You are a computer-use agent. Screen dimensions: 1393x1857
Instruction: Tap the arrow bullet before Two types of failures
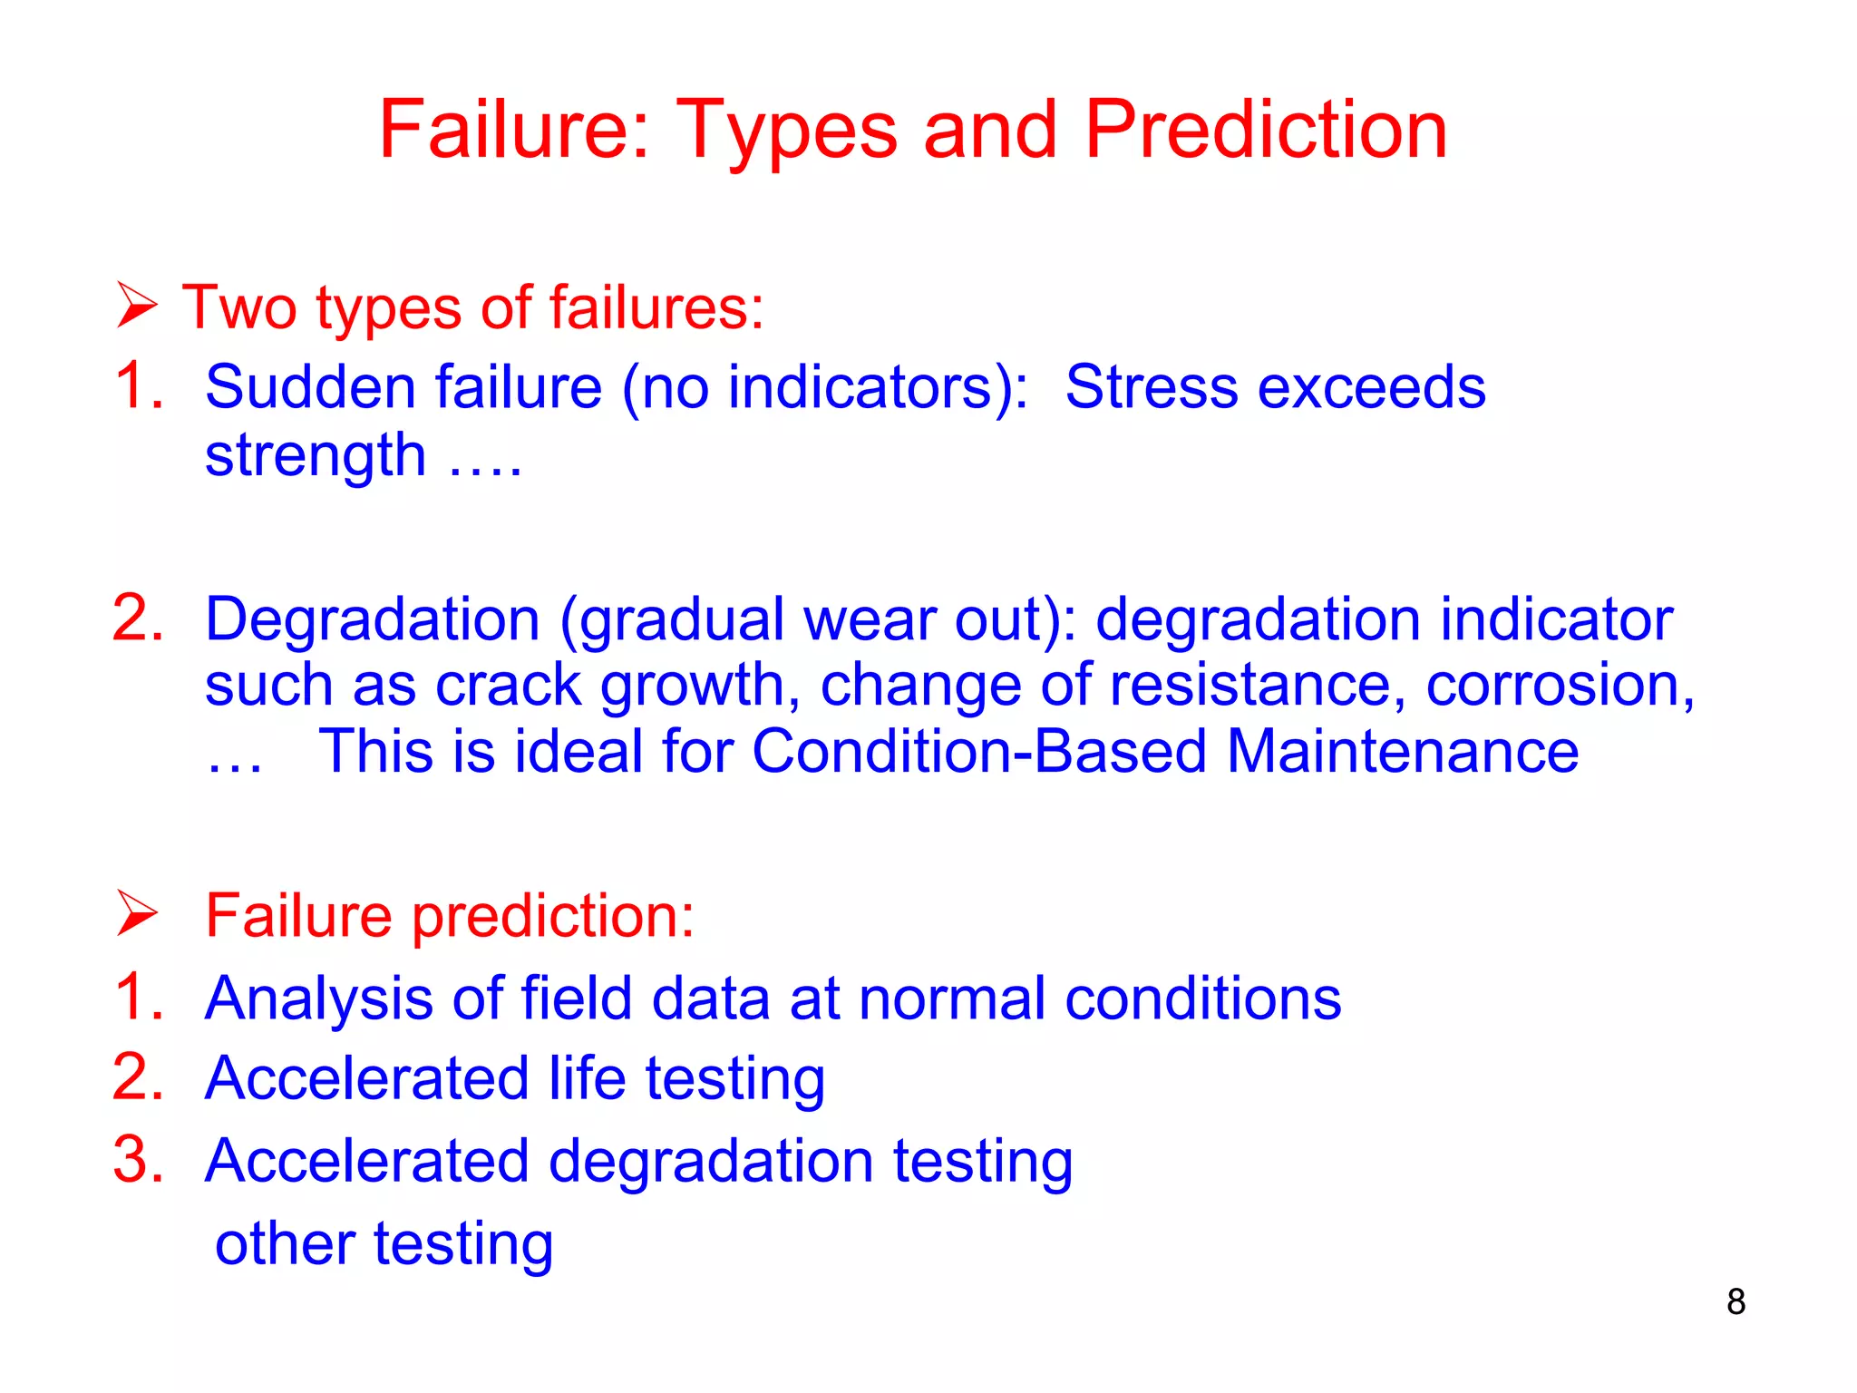pyautogui.click(x=137, y=306)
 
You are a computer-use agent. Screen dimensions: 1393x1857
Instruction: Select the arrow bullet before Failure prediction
pyautogui.click(x=137, y=913)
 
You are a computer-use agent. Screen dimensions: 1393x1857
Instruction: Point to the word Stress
pyautogui.click(x=1151, y=388)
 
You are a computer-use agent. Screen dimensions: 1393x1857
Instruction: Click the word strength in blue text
pyautogui.click(x=315, y=456)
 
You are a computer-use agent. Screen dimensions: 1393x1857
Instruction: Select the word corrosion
pyautogui.click(x=1558, y=685)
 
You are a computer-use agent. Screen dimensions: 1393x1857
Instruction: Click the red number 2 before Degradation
pyautogui.click(x=138, y=619)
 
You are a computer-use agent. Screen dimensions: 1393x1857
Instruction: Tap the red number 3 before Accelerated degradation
pyautogui.click(x=138, y=1160)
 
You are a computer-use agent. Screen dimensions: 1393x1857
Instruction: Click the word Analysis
pyautogui.click(x=317, y=999)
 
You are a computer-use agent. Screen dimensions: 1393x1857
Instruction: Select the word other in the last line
pyautogui.click(x=284, y=1244)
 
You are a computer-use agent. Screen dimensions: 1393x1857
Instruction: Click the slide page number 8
pyautogui.click(x=1735, y=1302)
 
